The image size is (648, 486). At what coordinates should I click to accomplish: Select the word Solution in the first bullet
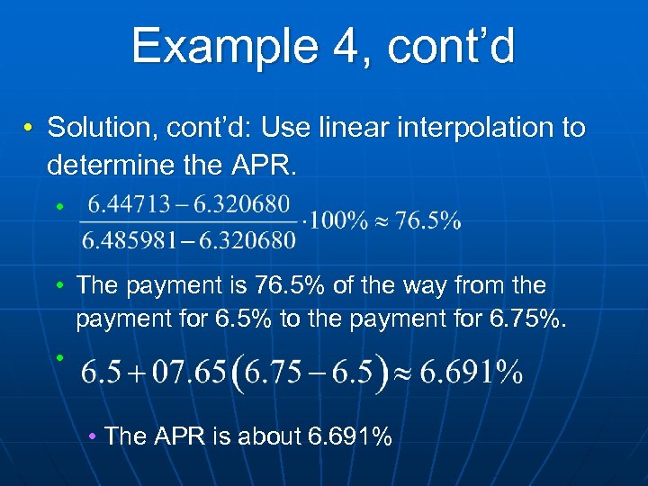click(x=100, y=128)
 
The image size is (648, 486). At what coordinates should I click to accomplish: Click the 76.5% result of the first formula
click(x=427, y=220)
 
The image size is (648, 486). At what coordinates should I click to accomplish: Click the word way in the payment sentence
click(x=417, y=286)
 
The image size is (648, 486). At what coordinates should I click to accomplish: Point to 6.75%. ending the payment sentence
click(x=529, y=319)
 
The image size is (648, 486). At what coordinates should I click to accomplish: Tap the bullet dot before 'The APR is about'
click(x=94, y=438)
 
